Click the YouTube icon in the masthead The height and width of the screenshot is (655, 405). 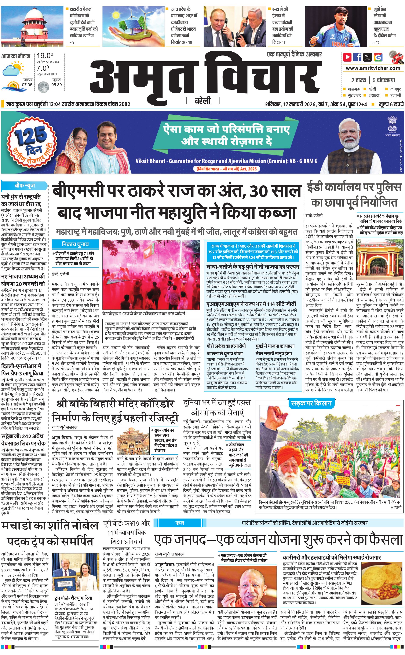click(x=347, y=57)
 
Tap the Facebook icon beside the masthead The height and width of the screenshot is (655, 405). click(x=357, y=57)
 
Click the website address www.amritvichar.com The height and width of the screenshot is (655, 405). click(x=373, y=68)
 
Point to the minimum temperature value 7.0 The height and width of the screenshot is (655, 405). click(x=43, y=68)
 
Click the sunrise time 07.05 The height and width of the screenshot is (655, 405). click(x=27, y=85)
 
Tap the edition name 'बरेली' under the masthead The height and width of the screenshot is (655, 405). click(x=203, y=101)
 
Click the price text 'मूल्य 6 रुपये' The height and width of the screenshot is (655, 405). click(x=391, y=104)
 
